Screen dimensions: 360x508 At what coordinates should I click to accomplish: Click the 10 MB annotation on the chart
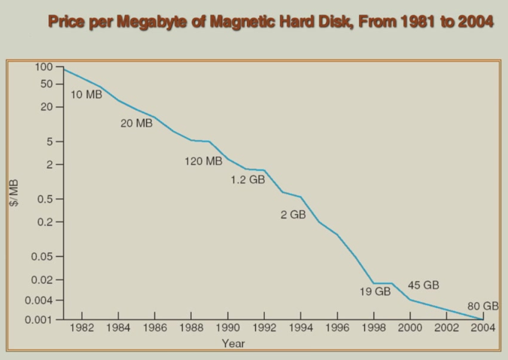tap(87, 95)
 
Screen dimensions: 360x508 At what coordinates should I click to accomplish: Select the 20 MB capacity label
tap(136, 123)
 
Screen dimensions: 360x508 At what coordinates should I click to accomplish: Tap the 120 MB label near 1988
tap(203, 160)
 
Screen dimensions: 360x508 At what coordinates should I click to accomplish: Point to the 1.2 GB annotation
tap(248, 180)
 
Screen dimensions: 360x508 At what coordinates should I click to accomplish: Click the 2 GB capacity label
tap(293, 215)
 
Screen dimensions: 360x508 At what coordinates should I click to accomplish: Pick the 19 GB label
tap(375, 291)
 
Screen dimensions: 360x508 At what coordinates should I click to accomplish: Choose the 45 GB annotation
tap(424, 285)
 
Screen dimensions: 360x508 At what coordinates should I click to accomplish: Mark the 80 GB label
tap(483, 306)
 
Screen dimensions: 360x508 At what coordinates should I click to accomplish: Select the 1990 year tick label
tap(228, 328)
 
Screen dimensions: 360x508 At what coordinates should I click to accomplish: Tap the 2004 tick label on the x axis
tap(482, 328)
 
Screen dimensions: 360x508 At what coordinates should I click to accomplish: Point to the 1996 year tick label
tap(338, 328)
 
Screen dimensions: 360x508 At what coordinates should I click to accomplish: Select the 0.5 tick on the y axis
tap(45, 199)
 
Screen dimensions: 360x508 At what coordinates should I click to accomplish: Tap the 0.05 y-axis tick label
tap(42, 257)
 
